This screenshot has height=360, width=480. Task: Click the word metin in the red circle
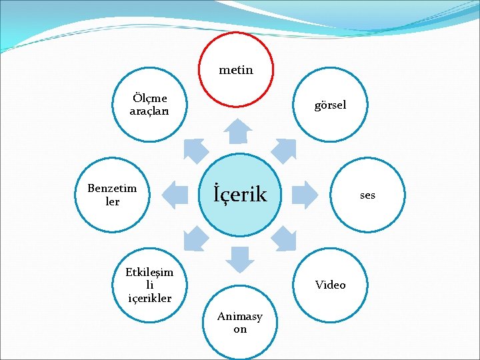(236, 69)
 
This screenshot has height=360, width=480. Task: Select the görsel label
(331, 105)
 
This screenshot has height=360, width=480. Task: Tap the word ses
(367, 195)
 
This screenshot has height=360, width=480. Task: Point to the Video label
(331, 285)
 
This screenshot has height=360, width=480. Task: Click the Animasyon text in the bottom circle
(240, 323)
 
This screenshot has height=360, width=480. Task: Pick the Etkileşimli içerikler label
(149, 285)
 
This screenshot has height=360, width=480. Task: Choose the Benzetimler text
(112, 195)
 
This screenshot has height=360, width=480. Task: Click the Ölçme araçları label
(149, 105)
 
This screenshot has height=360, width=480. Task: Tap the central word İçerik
(240, 195)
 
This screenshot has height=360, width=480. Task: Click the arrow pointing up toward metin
(237, 131)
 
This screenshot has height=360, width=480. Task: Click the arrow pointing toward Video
(285, 238)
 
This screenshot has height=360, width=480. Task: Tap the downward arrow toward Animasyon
(239, 258)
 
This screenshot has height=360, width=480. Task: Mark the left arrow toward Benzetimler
(175, 194)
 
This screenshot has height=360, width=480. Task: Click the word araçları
(149, 111)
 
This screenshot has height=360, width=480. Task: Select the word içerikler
(149, 298)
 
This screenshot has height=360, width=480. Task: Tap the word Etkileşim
(149, 272)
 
